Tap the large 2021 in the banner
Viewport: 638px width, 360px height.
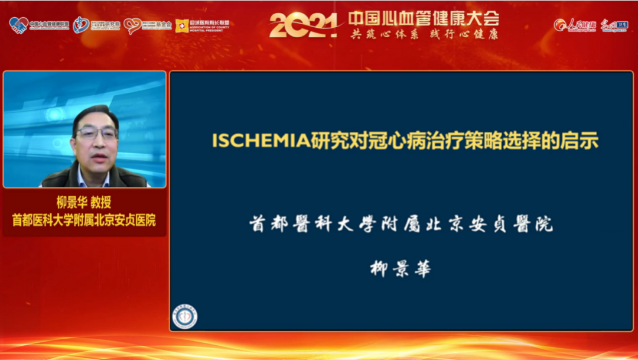(x=302, y=25)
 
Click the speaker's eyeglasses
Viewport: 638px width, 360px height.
(x=96, y=132)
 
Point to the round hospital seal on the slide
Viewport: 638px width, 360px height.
(x=185, y=316)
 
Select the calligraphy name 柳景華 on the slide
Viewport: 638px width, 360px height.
(x=401, y=269)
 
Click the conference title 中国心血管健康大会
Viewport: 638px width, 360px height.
(x=424, y=18)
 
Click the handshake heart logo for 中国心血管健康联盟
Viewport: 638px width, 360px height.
(x=18, y=25)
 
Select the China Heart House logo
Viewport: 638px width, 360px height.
(x=81, y=25)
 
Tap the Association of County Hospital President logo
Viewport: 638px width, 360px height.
(x=201, y=25)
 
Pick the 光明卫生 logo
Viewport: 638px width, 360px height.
(x=614, y=25)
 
